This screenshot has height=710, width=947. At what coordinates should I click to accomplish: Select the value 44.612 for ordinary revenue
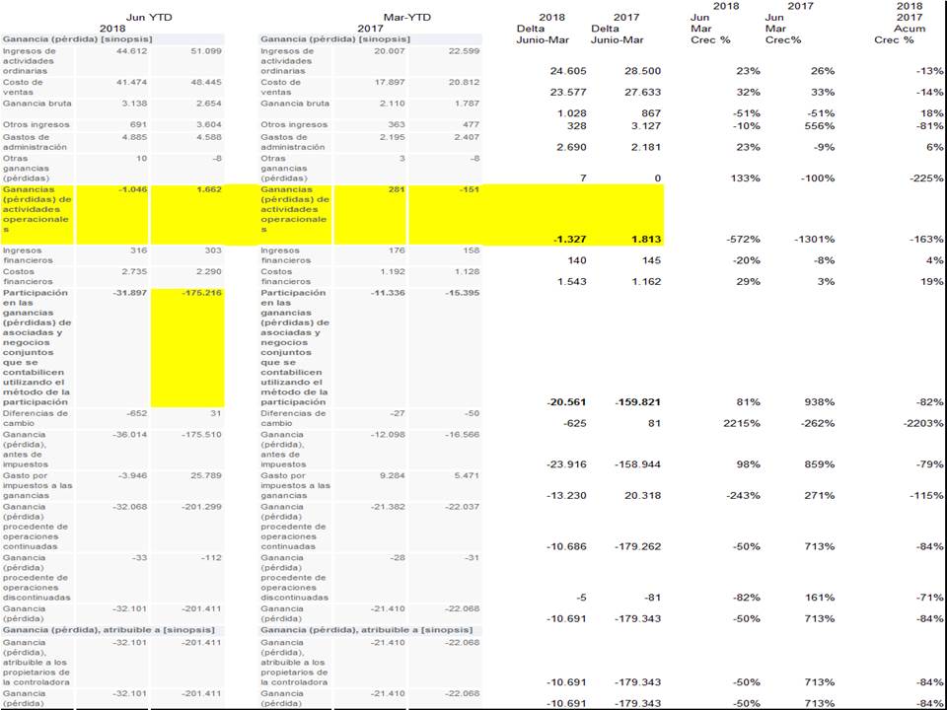[x=131, y=50]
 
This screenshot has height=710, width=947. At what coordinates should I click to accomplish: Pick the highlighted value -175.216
[x=199, y=293]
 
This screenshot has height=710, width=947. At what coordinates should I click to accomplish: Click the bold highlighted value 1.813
[x=642, y=239]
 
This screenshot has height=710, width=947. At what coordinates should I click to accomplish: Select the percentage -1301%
[x=814, y=239]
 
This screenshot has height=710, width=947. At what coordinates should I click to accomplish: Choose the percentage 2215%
[x=741, y=422]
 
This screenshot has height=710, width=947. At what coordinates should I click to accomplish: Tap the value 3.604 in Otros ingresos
[x=203, y=125]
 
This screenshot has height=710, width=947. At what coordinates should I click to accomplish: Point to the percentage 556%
[x=820, y=126]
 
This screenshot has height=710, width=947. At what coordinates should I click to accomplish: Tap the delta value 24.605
[x=569, y=71]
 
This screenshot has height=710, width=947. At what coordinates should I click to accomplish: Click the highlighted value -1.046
[x=131, y=189]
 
